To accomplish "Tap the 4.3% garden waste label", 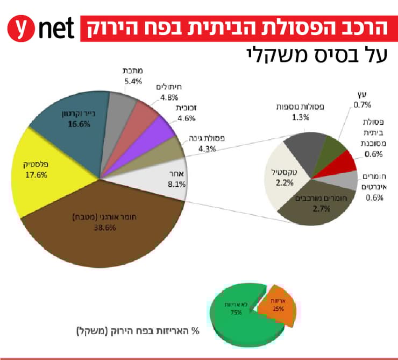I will coord(207,143).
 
